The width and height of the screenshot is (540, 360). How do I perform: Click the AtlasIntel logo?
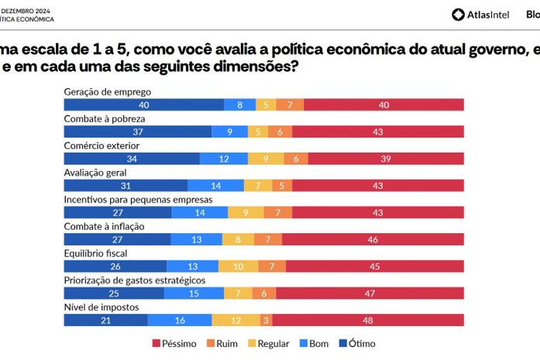click(x=482, y=14)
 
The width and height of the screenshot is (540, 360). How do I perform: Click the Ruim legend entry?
click(x=222, y=344)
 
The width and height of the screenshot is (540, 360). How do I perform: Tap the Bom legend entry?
click(x=318, y=344)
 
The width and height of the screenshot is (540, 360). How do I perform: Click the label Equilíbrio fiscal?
click(x=96, y=252)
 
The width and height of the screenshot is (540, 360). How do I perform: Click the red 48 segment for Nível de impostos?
click(x=368, y=320)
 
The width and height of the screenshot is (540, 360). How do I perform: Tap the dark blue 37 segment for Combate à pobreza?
click(x=137, y=132)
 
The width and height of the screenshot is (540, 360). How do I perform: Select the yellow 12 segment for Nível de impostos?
click(x=236, y=320)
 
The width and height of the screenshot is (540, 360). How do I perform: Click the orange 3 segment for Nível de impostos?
click(x=266, y=320)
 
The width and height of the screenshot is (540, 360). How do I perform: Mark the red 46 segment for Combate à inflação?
click(x=373, y=239)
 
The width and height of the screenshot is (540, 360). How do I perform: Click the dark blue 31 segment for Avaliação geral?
click(x=126, y=186)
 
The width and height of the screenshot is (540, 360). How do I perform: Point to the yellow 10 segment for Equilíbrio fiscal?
click(x=238, y=266)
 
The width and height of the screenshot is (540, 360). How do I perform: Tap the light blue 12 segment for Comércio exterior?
click(x=223, y=159)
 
